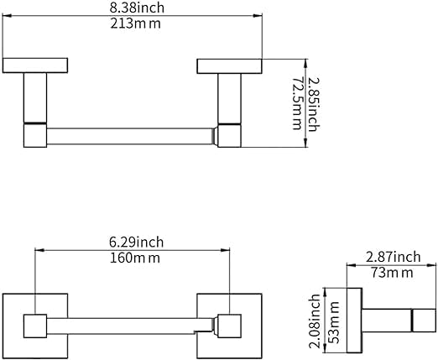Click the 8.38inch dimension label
coord(137,8)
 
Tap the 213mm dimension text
coord(136,23)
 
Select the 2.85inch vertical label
coord(314,104)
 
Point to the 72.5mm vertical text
coord(297,103)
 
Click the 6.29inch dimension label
coord(136,242)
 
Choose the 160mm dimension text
coord(135,258)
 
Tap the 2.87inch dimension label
coord(393,257)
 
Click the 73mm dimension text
coord(392,273)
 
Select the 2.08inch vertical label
coord(314,321)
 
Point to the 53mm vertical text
coord(333,322)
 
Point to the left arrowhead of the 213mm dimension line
coord(7,16)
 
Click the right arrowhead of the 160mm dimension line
coord(225,250)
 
